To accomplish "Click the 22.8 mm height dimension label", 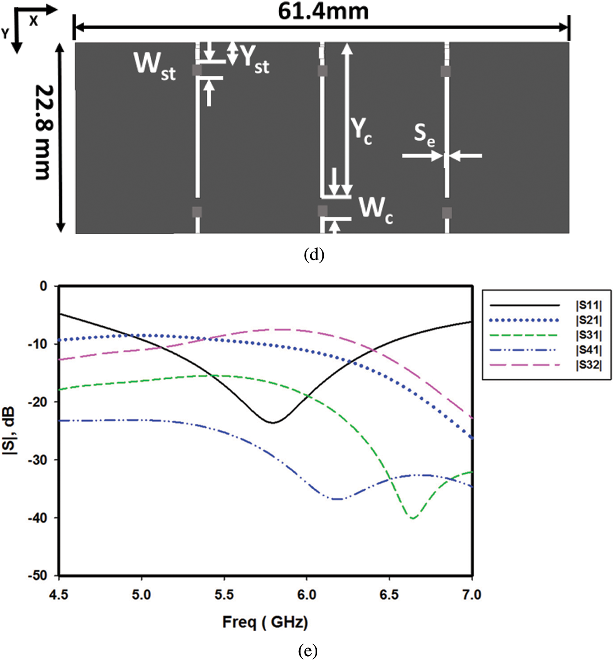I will tap(44, 132).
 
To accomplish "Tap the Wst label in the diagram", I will tap(154, 66).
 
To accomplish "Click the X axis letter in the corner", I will tap(33, 21).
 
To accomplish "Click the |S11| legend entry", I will tap(588, 305).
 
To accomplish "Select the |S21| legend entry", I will tap(588, 320).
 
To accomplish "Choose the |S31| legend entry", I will tap(588, 335).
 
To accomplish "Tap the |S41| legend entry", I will tap(588, 350).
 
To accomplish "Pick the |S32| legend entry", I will tap(588, 365).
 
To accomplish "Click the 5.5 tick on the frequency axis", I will tap(224, 595).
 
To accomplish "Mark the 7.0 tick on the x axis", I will tap(472, 595).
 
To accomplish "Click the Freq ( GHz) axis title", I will tap(265, 622).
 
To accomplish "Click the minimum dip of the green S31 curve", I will tap(412, 518).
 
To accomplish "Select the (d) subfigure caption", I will tap(314, 255).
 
